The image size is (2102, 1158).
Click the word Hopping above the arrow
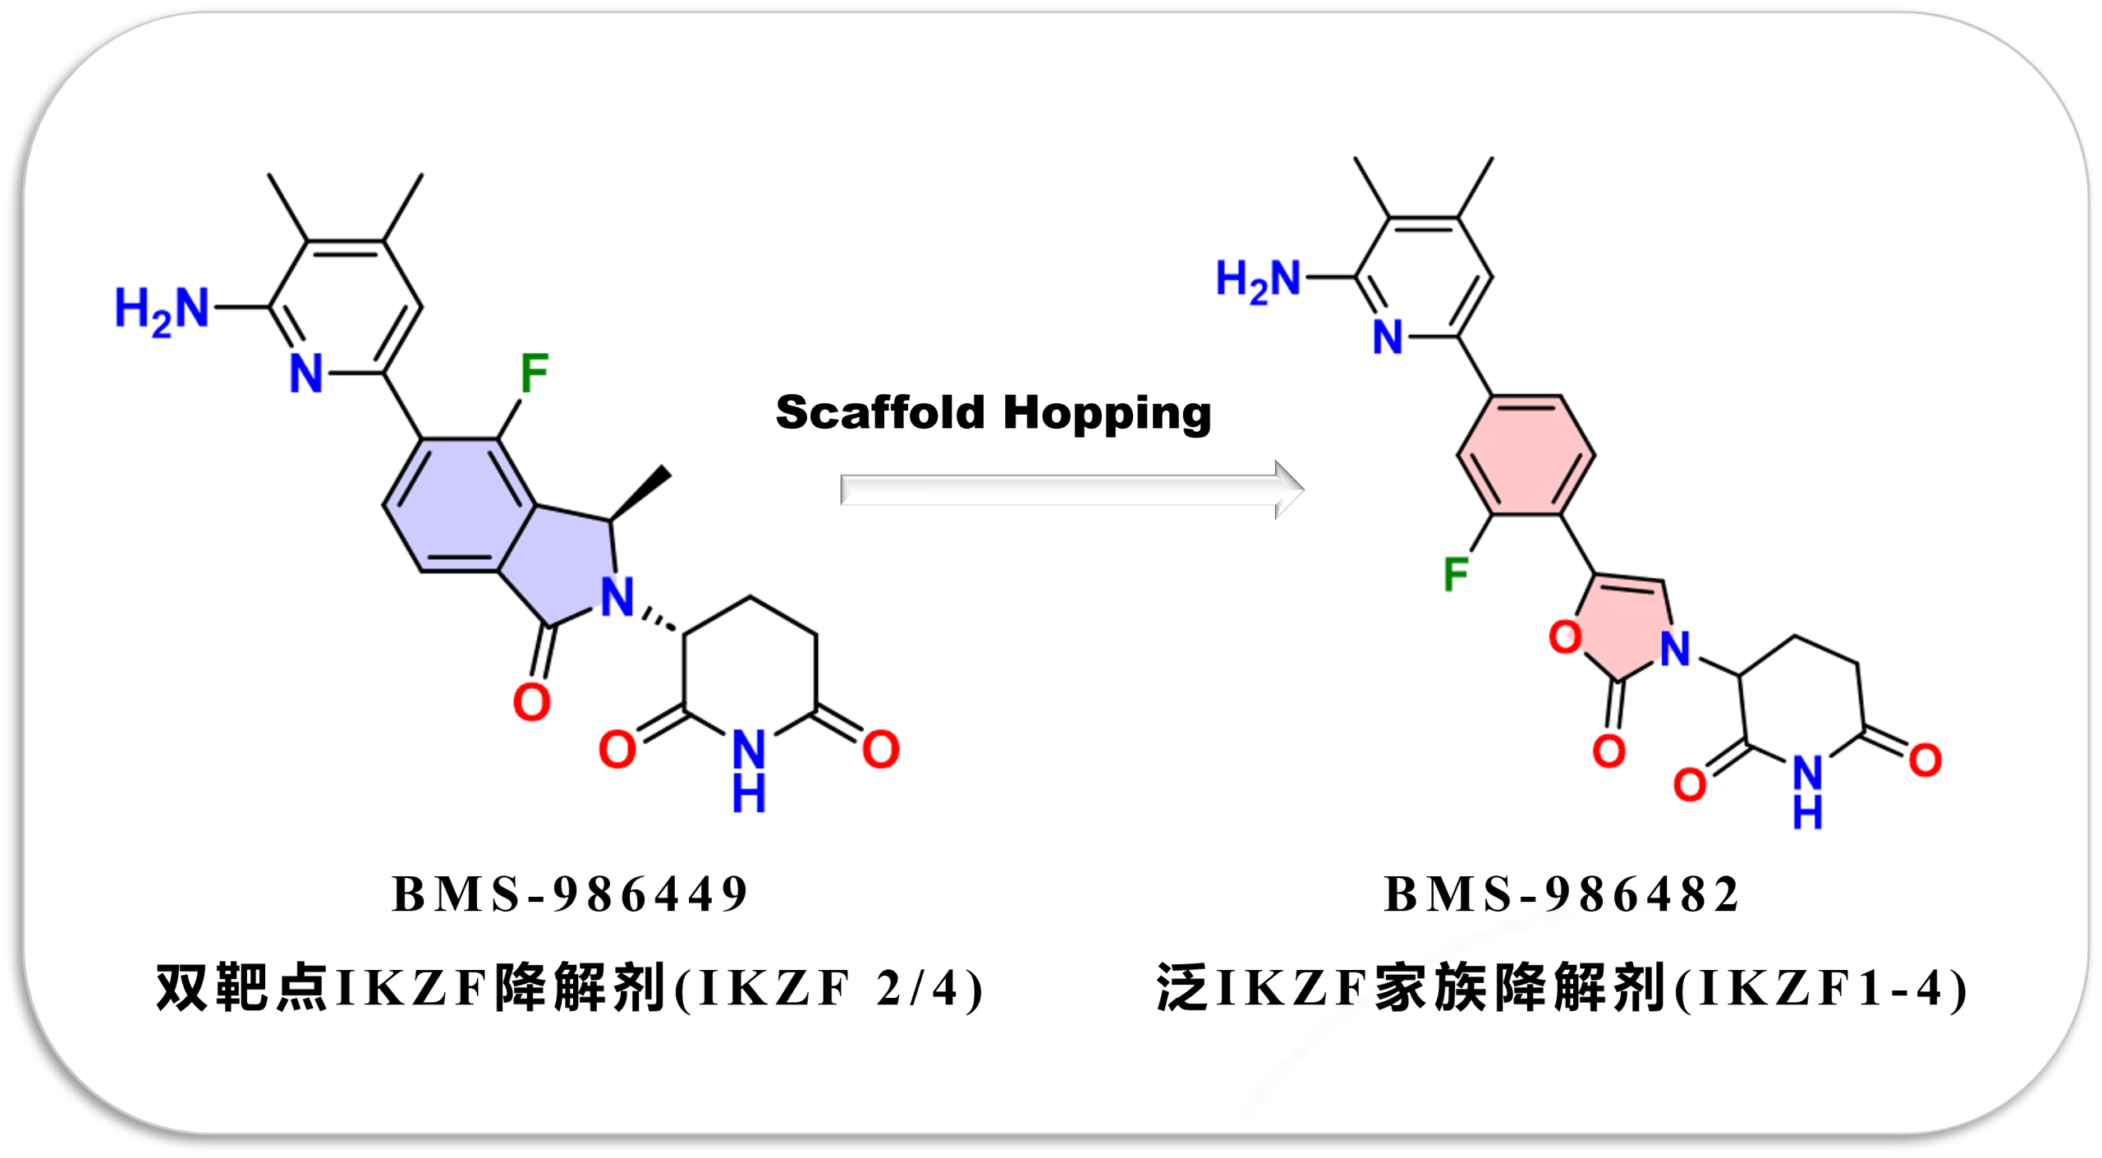click(1108, 414)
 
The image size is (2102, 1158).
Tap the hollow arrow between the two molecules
click(1072, 489)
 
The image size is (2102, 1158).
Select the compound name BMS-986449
click(570, 894)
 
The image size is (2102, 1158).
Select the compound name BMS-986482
click(1561, 894)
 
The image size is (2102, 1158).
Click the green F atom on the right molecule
click(1456, 573)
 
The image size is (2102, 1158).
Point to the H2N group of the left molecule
click(162, 310)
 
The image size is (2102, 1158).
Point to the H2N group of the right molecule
click(1258, 279)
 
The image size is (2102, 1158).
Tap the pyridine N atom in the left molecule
click(306, 374)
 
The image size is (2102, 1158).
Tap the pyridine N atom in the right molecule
click(1388, 337)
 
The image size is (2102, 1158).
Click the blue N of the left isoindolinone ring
click(617, 596)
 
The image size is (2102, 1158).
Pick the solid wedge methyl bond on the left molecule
click(640, 493)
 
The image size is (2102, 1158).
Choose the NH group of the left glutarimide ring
click(749, 770)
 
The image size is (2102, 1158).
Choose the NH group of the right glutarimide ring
click(1807, 792)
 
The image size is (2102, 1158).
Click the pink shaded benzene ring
click(1526, 456)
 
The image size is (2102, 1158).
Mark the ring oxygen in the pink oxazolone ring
click(1565, 636)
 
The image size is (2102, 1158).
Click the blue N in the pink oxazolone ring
click(1675, 648)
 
